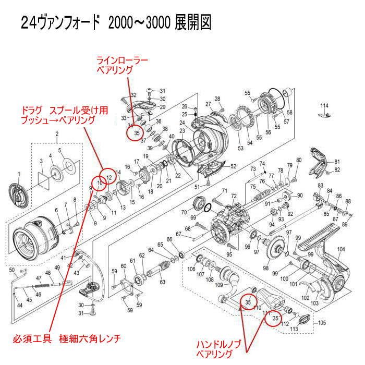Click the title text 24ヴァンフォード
[x=60, y=23]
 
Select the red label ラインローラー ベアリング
[x=121, y=65]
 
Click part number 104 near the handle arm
[x=341, y=250]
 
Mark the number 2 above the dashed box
[x=56, y=135]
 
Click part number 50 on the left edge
[x=12, y=270]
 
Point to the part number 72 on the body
[x=234, y=196]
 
